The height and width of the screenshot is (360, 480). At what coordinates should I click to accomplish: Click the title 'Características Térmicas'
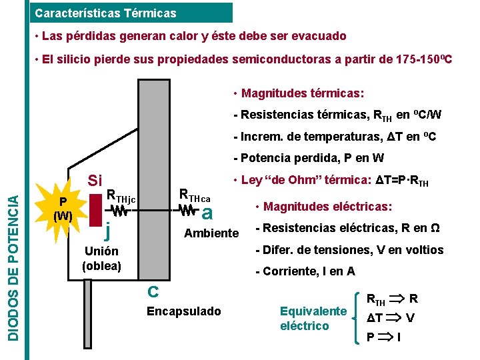[105, 13]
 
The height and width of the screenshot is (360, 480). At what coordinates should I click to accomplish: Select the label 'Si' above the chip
[95, 181]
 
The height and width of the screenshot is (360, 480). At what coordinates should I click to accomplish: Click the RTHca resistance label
[195, 196]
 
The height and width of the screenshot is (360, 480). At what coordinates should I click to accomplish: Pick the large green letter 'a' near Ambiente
[207, 213]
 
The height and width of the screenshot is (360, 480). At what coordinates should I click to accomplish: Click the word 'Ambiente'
[211, 233]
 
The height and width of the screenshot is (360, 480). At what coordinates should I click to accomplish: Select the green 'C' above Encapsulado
[153, 291]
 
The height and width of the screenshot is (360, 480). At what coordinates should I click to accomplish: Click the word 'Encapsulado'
[183, 311]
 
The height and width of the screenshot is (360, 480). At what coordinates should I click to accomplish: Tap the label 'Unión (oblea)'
[101, 258]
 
